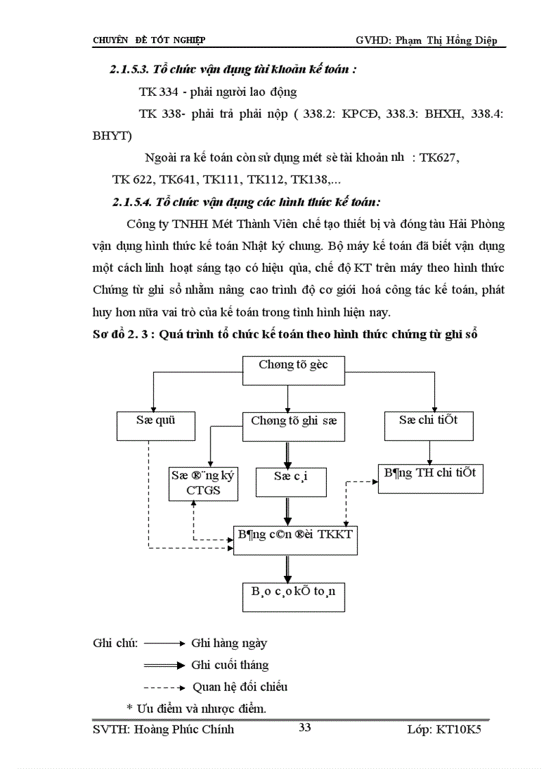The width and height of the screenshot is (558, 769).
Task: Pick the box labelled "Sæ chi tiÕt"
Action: point(429,425)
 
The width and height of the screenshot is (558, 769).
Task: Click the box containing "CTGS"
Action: point(202,483)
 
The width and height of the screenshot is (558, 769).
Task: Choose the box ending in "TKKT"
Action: point(295,540)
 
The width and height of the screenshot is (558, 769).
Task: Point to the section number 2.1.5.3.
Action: point(129,70)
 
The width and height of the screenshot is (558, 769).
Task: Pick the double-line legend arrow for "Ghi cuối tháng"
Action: point(165,665)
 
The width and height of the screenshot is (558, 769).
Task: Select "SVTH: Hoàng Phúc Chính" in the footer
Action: point(163,729)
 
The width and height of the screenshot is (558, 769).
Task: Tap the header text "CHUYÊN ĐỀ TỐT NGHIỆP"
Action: point(149,40)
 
